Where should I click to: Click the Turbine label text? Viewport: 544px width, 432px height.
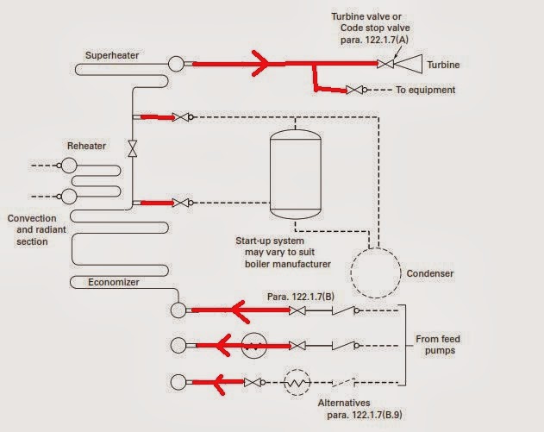[443, 65]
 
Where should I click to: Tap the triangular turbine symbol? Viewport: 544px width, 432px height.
[408, 64]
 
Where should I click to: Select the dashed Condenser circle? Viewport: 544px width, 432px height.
[376, 272]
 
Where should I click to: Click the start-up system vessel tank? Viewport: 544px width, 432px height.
[296, 174]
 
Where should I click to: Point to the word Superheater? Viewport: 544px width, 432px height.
[112, 55]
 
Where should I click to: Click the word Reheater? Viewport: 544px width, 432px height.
[86, 146]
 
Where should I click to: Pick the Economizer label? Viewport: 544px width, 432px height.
[114, 282]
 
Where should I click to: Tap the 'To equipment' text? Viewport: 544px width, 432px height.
[426, 90]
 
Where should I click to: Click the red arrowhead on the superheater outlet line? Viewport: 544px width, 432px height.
[260, 63]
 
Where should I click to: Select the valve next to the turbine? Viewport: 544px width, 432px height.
[385, 64]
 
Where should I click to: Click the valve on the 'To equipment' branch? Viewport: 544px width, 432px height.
[354, 90]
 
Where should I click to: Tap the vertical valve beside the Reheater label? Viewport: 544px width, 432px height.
[133, 148]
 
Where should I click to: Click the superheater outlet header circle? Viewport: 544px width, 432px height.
[176, 64]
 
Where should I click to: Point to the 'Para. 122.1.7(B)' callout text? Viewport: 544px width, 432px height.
[301, 297]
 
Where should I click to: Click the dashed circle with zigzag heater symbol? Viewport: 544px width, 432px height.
[297, 383]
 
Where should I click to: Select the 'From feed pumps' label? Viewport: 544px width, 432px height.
[438, 345]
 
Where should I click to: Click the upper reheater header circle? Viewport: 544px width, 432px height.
[69, 166]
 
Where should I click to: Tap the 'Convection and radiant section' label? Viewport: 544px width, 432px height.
[37, 229]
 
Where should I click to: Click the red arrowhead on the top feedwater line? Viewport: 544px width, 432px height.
[240, 311]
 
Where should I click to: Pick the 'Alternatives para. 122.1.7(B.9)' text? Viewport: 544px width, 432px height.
[360, 409]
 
